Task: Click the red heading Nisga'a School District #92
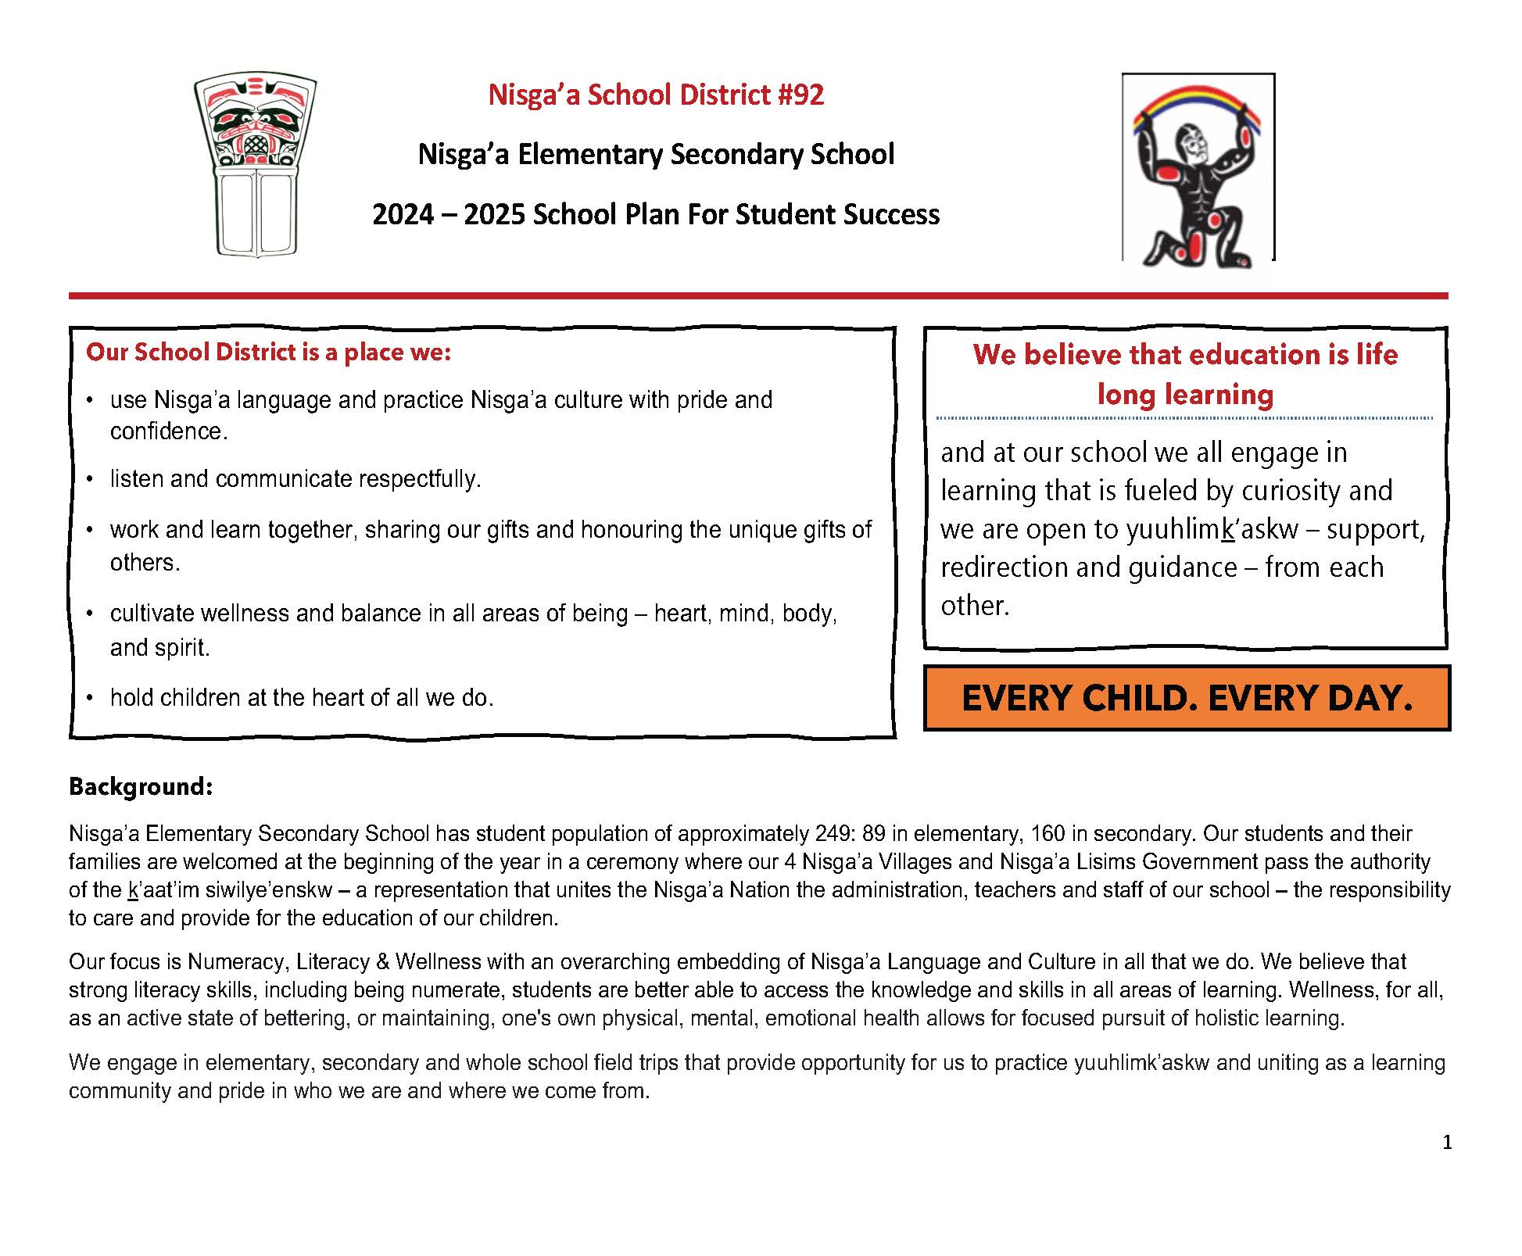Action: point(655,95)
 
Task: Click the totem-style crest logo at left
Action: point(255,164)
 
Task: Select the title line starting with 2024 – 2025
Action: point(655,215)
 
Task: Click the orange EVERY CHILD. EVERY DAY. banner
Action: point(1186,698)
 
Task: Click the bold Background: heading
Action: point(141,786)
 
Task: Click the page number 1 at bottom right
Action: point(1446,1143)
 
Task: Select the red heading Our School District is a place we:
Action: point(268,352)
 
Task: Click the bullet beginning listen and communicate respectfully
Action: point(295,479)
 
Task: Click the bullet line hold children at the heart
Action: point(302,698)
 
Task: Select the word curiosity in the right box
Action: point(1291,492)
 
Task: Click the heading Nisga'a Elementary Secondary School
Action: point(655,154)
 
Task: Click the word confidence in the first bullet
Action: point(168,432)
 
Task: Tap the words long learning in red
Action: point(1185,395)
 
